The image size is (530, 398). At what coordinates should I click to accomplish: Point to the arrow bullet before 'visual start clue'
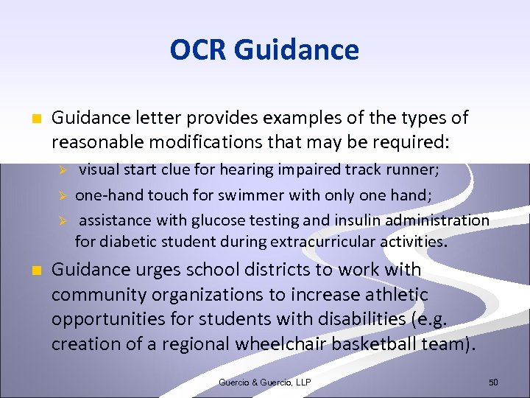pos(63,170)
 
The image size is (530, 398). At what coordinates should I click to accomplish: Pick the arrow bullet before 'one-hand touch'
pos(63,195)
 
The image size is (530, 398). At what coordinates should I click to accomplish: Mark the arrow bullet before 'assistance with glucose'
pos(63,220)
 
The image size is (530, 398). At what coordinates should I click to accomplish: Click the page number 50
pos(493,383)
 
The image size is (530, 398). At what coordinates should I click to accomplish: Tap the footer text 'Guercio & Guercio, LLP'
pos(264,383)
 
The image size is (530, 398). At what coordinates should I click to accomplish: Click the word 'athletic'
pos(392,295)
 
